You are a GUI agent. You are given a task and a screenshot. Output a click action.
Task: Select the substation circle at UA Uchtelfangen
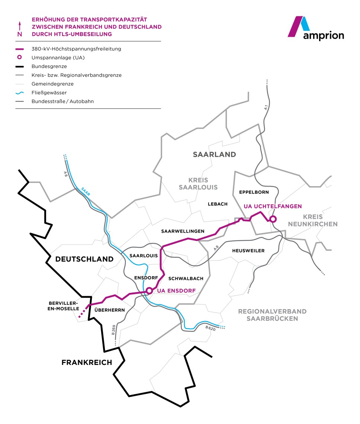[273, 219]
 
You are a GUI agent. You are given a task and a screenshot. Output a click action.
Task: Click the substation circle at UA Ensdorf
[149, 290]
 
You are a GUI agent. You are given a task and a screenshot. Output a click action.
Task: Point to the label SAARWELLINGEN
[183, 231]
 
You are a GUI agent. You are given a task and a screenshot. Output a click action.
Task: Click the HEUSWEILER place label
[248, 251]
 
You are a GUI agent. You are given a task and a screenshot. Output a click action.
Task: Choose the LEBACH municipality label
[218, 204]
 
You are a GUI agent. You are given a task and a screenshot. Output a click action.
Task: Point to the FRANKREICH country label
[87, 362]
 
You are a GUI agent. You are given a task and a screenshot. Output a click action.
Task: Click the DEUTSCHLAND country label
[84, 259]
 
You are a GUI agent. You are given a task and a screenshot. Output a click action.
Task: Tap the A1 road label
[266, 107]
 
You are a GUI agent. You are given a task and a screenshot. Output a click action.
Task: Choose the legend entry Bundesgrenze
[49, 66]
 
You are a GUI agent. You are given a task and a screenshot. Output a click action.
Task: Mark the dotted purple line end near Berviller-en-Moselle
[80, 317]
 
